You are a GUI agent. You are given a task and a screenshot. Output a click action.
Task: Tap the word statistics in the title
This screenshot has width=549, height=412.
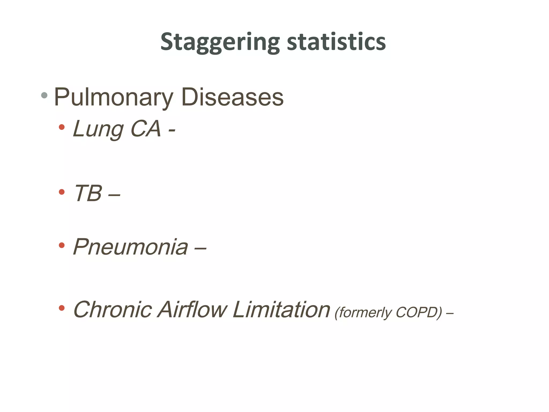[336, 42]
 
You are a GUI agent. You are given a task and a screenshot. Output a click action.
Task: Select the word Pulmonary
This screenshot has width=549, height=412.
[114, 97]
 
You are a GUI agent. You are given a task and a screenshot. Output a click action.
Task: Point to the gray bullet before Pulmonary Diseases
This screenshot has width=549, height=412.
[44, 95]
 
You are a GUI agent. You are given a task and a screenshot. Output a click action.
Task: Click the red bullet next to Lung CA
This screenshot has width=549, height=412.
[62, 127]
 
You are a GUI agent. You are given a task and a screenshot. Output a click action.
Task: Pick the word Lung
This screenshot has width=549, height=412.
[98, 129]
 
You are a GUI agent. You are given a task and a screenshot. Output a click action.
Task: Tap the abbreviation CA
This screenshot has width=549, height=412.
[146, 129]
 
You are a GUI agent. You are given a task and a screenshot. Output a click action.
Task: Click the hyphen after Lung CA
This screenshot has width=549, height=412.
[172, 131]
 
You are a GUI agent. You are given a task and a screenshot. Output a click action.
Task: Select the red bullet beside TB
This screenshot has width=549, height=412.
[62, 192]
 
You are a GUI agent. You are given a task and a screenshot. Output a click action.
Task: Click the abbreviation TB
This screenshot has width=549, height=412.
[88, 193]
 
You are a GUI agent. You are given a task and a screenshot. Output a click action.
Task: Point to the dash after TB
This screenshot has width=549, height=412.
[114, 195]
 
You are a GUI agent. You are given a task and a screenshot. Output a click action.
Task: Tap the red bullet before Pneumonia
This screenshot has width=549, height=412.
[62, 245]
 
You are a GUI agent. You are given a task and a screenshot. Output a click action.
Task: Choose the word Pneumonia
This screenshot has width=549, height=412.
[131, 247]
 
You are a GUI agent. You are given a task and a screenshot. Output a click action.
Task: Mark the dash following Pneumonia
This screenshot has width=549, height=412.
[200, 249]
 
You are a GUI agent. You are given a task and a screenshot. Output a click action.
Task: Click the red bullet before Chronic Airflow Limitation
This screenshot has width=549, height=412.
[62, 308]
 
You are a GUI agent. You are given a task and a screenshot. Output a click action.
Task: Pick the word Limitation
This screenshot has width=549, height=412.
[281, 310]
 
